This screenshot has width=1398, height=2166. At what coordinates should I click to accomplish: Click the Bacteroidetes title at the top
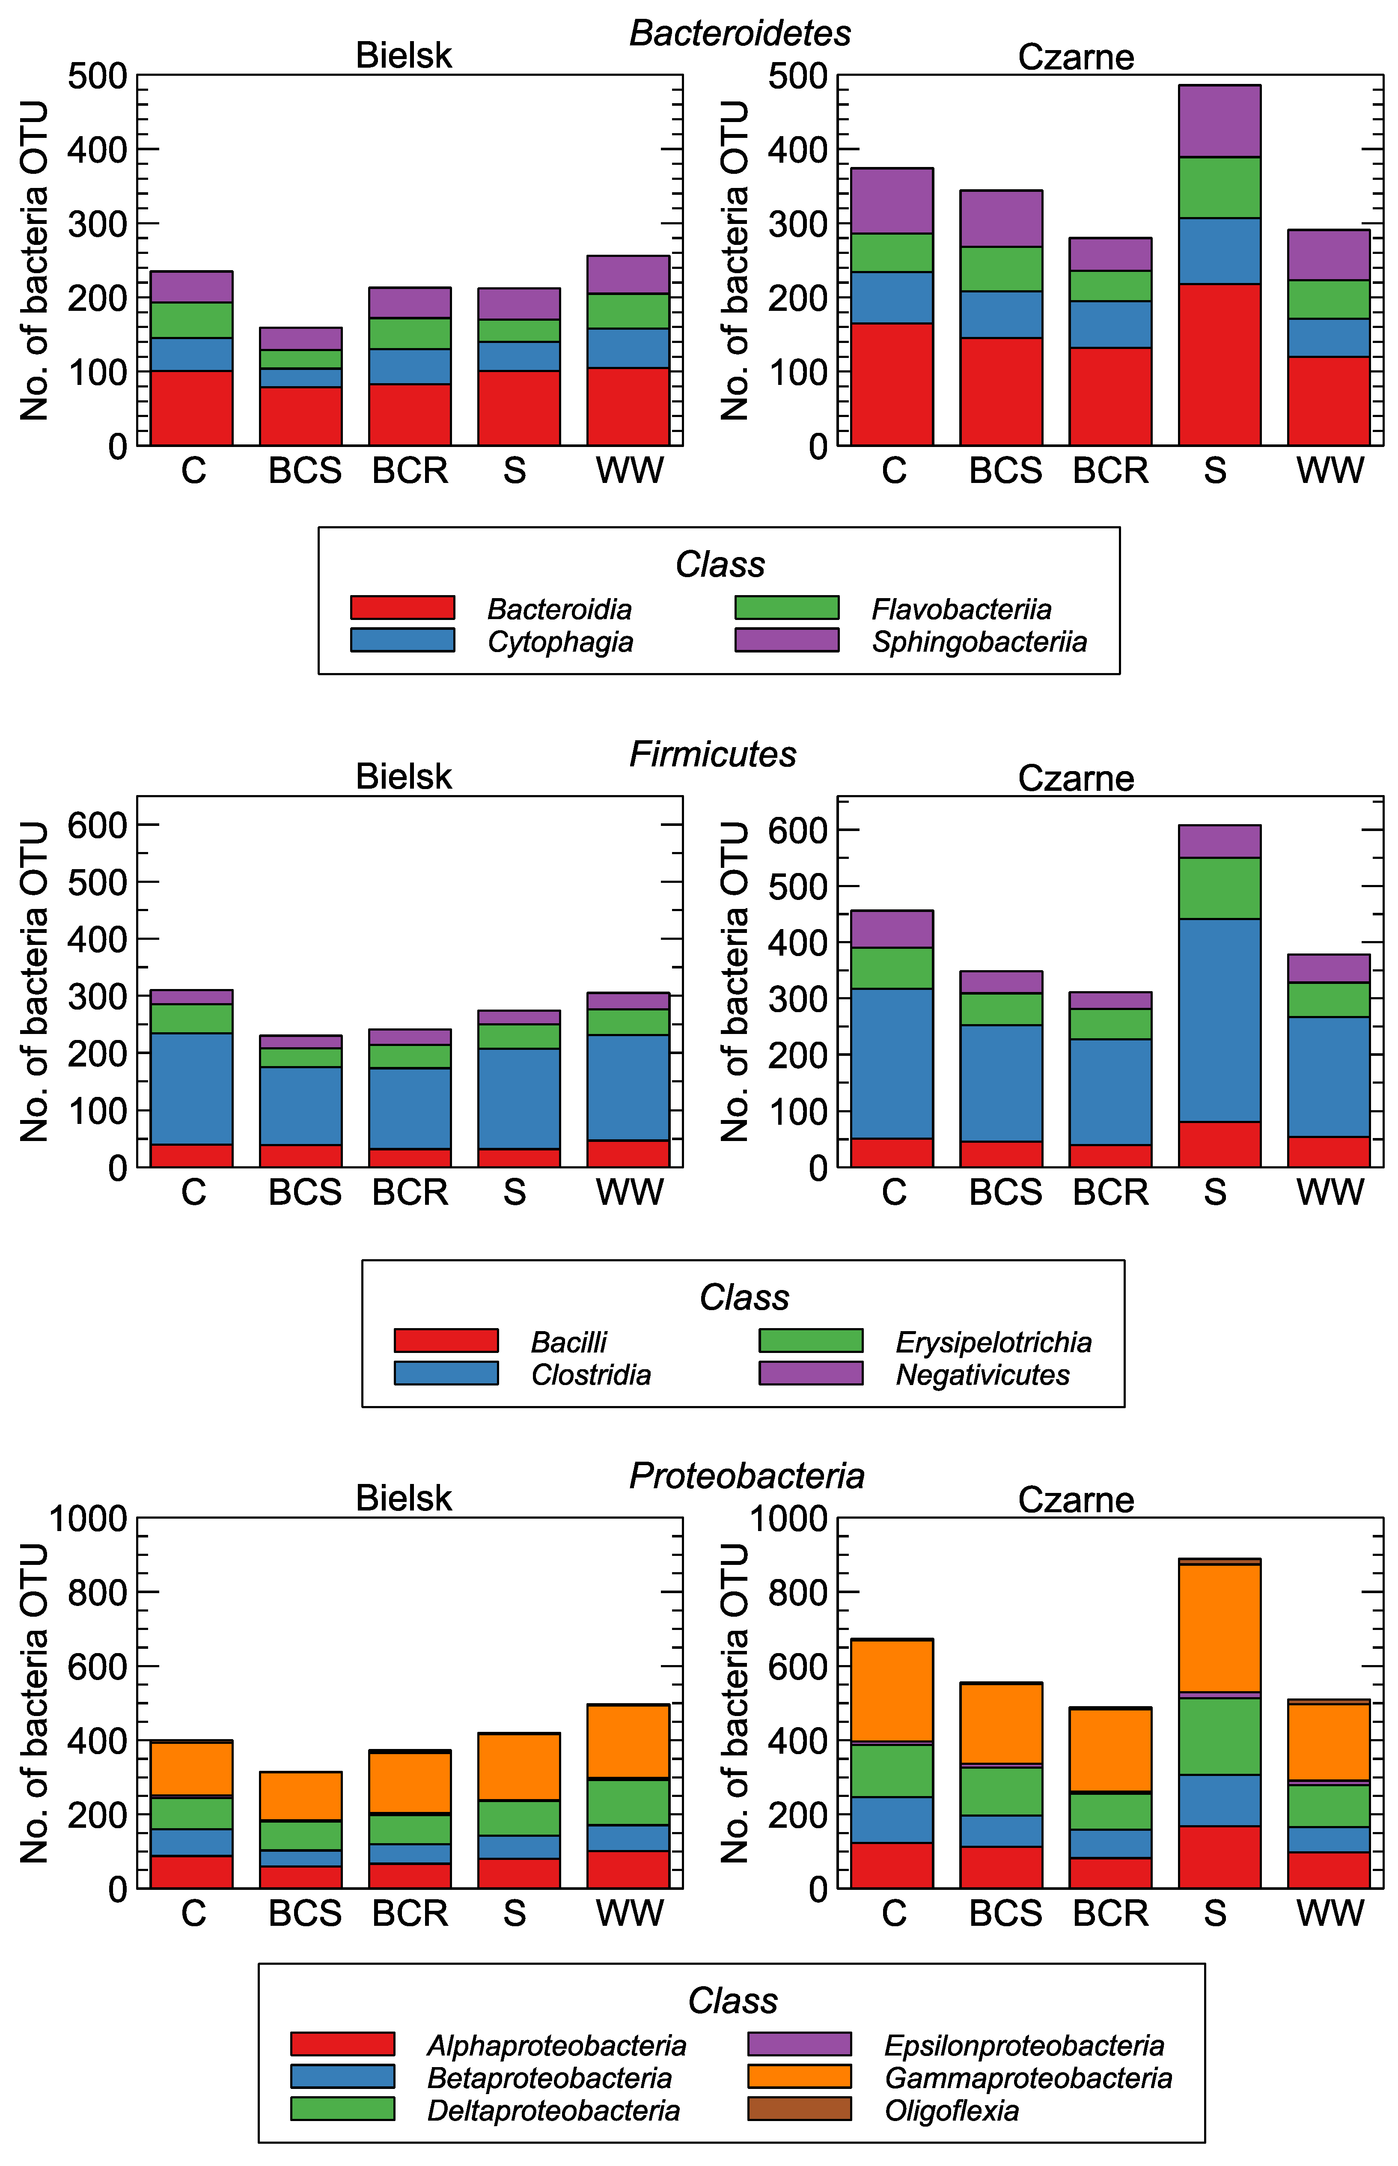tap(740, 33)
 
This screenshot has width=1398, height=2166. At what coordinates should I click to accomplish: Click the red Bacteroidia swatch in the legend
tap(402, 607)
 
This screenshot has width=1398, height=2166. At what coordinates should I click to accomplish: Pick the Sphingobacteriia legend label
tap(979, 642)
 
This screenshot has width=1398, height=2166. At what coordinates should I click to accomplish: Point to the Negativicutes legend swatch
tap(811, 1373)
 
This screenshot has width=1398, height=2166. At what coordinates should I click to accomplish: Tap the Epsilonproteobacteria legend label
tap(1024, 2045)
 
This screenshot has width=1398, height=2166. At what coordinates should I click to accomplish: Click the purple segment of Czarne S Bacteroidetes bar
tap(1219, 121)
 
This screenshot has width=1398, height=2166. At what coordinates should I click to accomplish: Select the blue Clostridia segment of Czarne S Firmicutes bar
tap(1219, 1020)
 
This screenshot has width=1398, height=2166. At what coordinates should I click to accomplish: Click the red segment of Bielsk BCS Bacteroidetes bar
tap(300, 416)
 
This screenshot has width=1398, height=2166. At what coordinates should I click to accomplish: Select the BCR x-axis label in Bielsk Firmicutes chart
tap(410, 1192)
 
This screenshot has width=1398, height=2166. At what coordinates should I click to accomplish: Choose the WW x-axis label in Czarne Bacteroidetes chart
tap(1330, 470)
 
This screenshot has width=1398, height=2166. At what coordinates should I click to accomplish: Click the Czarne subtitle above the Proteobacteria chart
tap(1076, 1500)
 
